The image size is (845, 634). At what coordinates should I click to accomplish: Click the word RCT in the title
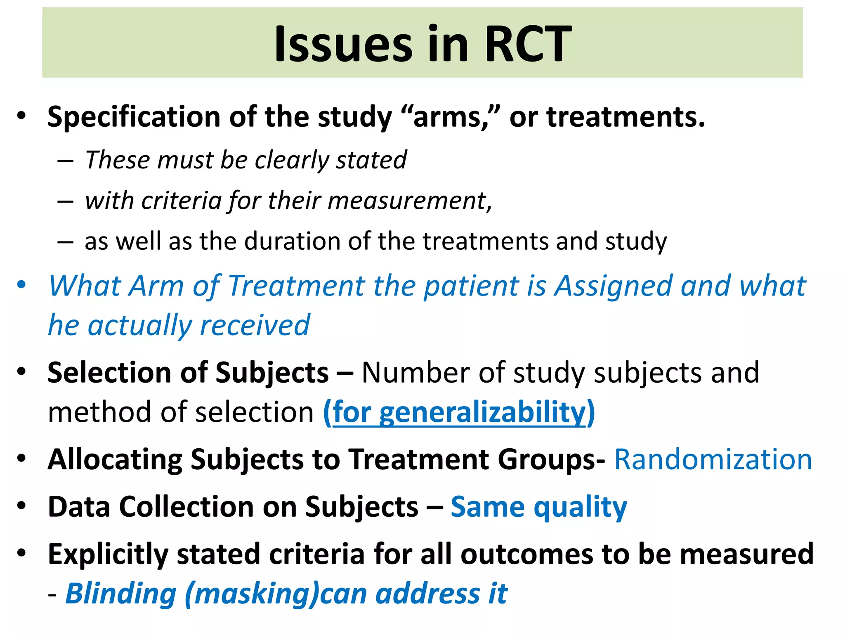click(528, 43)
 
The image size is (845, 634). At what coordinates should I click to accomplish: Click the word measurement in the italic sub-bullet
click(406, 201)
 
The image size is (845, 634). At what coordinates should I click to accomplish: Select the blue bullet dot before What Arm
click(21, 285)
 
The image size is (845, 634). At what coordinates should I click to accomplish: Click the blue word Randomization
click(713, 459)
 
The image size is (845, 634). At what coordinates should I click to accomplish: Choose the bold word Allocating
click(115, 459)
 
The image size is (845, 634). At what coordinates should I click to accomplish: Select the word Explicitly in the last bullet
click(108, 554)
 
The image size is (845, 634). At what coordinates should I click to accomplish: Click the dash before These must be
click(65, 161)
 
